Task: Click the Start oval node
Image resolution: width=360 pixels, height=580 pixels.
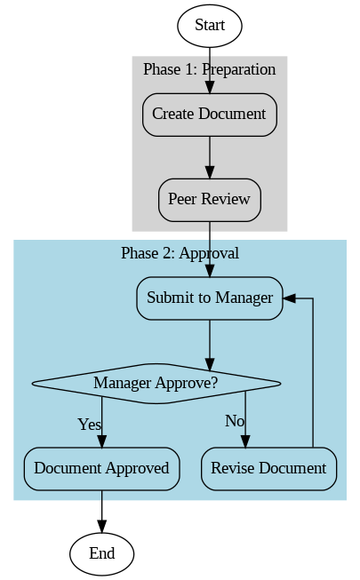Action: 210,26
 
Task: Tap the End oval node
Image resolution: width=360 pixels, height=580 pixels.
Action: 102,553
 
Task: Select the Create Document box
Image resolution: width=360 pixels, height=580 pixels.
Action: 209,115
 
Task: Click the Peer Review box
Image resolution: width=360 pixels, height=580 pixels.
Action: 209,199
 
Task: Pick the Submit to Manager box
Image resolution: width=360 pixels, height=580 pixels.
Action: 209,298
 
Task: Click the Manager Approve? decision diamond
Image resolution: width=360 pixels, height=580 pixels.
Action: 156,383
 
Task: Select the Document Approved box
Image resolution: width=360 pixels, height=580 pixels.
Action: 102,468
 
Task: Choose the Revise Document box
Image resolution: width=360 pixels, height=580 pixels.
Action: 268,468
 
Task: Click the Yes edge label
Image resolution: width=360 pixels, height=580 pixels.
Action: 89,425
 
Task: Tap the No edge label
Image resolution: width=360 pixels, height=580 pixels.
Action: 235,420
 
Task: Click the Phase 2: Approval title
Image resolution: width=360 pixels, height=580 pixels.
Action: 180,253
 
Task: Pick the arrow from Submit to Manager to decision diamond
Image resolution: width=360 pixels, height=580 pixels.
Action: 210,342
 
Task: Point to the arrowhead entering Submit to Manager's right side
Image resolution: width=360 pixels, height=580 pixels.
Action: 290,298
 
